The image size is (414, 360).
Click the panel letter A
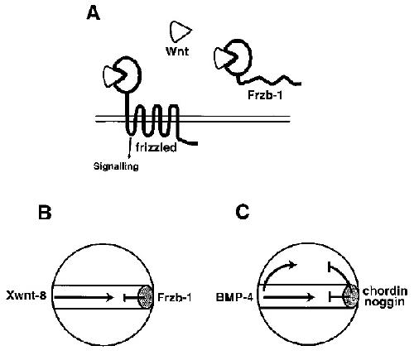click(x=94, y=13)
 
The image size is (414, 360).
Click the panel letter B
click(x=45, y=213)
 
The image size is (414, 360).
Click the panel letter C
click(x=243, y=213)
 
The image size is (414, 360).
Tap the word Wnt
click(x=177, y=51)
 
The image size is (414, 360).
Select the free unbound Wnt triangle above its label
click(x=180, y=31)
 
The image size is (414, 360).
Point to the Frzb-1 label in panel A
click(x=265, y=95)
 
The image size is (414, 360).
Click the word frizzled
click(x=156, y=147)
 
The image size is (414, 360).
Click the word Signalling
click(x=116, y=166)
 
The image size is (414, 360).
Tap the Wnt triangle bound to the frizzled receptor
click(x=112, y=75)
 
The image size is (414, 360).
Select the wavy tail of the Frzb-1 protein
click(x=269, y=79)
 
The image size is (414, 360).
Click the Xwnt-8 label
click(x=26, y=296)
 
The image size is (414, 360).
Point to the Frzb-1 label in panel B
click(x=175, y=297)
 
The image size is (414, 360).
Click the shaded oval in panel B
click(x=145, y=297)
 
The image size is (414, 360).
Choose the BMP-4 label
click(x=234, y=298)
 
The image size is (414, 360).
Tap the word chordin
click(x=385, y=291)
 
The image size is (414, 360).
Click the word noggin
click(x=384, y=302)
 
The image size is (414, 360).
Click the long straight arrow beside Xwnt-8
click(x=84, y=297)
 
